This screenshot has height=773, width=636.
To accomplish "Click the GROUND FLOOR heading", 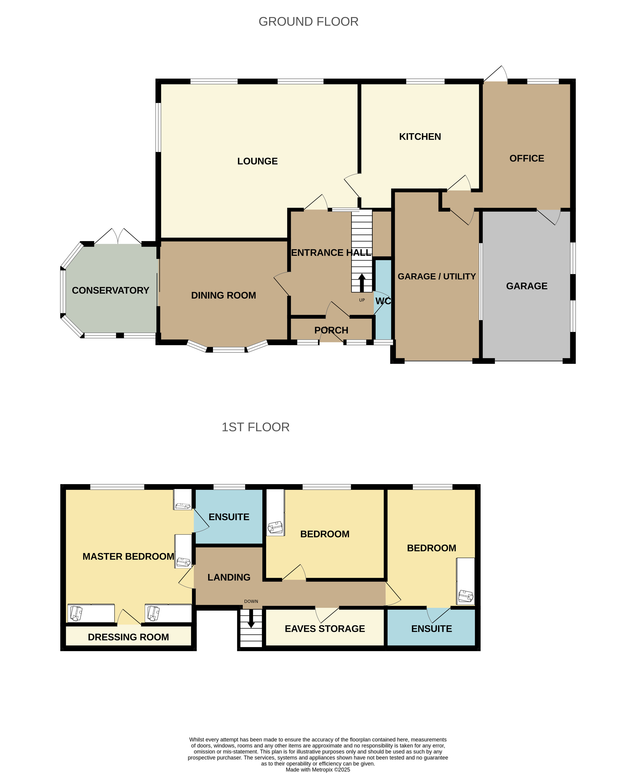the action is click(x=308, y=22).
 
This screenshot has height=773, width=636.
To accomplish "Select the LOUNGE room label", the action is click(x=258, y=161).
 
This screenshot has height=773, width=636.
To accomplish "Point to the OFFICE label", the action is click(x=527, y=158).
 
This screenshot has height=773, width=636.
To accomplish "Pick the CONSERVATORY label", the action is click(x=111, y=291).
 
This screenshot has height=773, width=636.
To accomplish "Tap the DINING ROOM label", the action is click(x=223, y=295).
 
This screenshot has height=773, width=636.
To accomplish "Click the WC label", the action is click(x=383, y=301).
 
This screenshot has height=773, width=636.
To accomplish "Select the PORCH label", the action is click(x=331, y=331).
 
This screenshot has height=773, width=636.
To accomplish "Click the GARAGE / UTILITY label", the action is click(x=437, y=277).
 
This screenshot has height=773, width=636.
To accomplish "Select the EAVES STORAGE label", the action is click(x=325, y=629).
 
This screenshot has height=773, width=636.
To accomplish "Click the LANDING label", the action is click(x=229, y=577).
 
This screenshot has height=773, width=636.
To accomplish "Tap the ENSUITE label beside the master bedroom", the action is click(x=229, y=517).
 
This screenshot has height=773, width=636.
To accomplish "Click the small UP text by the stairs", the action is click(x=362, y=300).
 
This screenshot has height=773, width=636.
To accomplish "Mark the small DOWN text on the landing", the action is click(x=251, y=601).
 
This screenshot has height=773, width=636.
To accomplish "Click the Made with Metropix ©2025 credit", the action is click(x=318, y=770).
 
